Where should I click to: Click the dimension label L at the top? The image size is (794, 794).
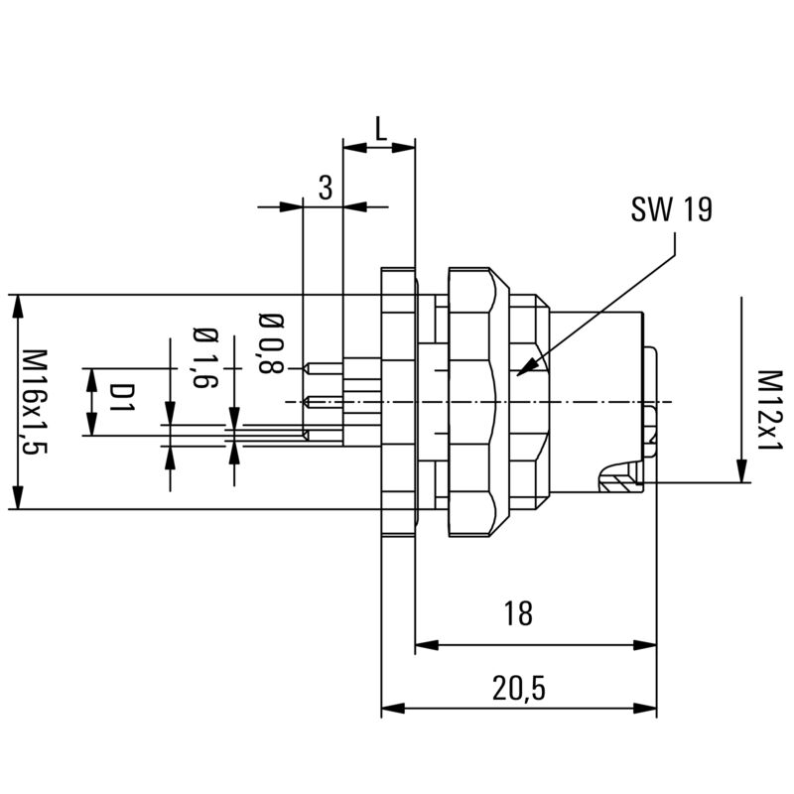[379, 127]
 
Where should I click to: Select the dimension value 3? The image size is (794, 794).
[324, 187]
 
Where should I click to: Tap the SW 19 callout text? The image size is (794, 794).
[671, 209]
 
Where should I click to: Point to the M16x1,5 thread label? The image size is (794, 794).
[36, 401]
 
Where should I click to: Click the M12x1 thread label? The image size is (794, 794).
[769, 410]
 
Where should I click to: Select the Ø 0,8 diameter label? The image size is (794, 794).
[270, 343]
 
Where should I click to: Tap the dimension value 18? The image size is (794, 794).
[517, 614]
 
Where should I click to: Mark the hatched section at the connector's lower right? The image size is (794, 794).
[620, 483]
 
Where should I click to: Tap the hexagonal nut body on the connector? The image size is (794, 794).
[470, 401]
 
